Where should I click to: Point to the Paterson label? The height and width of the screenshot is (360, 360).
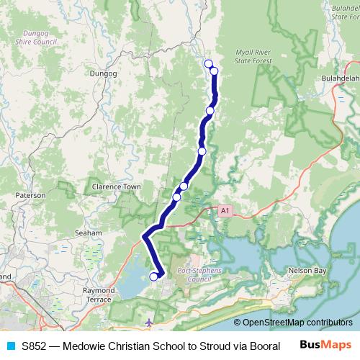tap(30, 194)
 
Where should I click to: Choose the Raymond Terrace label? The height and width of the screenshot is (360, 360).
tap(100, 293)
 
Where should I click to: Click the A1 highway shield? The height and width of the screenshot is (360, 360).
tap(225, 210)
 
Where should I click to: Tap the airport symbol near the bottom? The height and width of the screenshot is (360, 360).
tap(148, 322)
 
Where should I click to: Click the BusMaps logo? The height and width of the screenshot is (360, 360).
tap(326, 345)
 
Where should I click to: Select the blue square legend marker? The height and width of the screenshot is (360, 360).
tap(11, 346)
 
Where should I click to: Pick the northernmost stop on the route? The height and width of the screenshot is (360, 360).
tap(209, 64)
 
